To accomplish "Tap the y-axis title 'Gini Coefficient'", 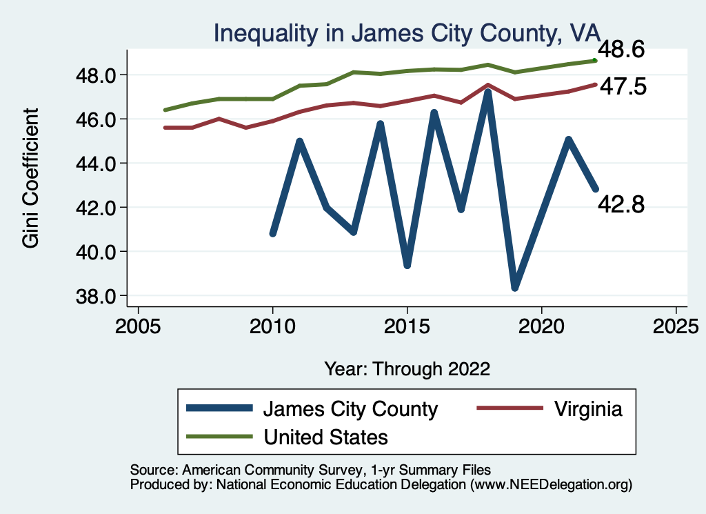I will coord(31,177).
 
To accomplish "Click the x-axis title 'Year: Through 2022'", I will coord(407,368).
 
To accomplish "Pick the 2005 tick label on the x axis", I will coord(138,326).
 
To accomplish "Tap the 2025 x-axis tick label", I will coord(676,326).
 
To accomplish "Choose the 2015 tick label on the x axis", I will coord(407,326).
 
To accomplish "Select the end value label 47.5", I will coord(623,87).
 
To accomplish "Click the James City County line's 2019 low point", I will coord(514,287).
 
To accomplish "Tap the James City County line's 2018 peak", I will coord(488,92).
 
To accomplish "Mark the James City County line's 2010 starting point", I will coord(273,234).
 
